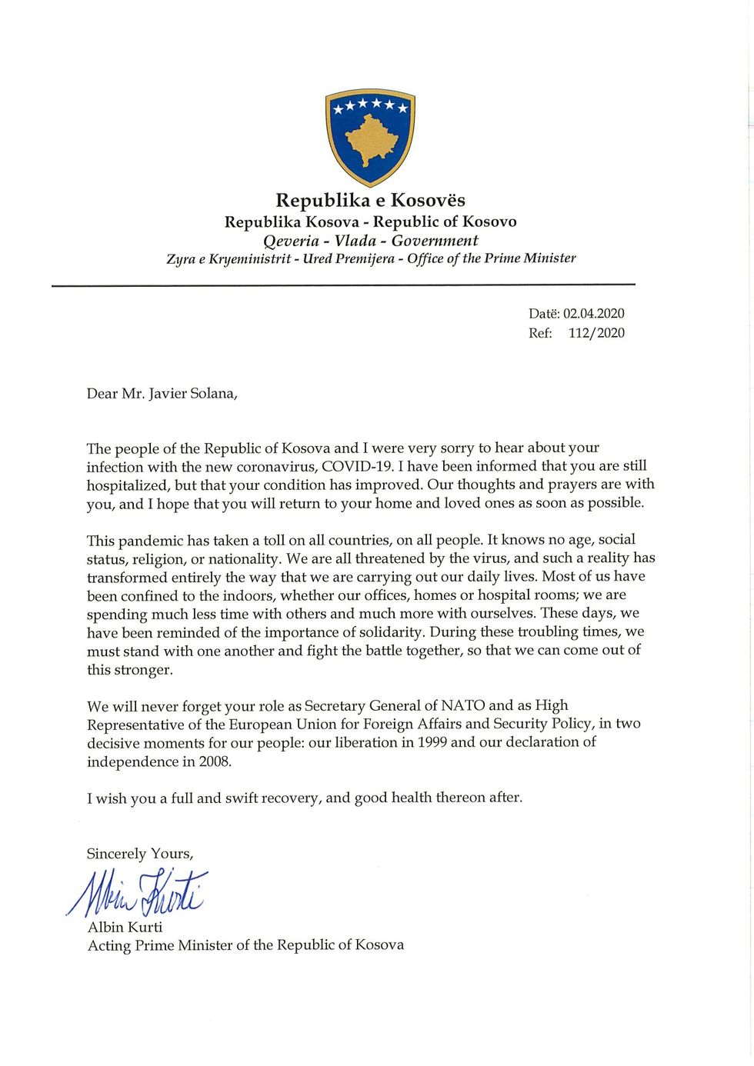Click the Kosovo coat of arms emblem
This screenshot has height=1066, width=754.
[x=370, y=137]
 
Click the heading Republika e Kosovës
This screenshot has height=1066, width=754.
[x=370, y=201]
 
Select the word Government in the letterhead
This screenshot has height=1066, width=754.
[x=435, y=241]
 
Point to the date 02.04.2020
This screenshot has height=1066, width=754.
[x=593, y=314]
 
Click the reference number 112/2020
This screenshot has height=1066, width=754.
[x=596, y=333]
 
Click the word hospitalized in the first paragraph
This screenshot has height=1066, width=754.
[x=127, y=485]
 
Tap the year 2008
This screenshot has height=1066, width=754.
[x=214, y=761]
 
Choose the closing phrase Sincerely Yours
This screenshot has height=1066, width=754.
[x=140, y=854]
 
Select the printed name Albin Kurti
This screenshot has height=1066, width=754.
[x=125, y=928]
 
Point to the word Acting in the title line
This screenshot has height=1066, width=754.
[x=108, y=945]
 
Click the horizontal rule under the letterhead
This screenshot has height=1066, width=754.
[x=343, y=285]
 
